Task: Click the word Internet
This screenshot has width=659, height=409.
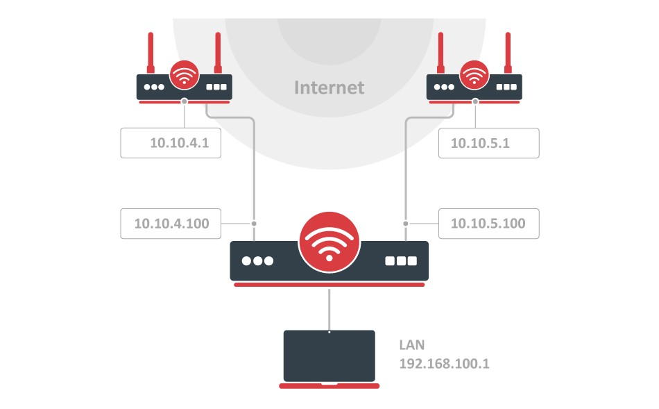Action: click(x=329, y=87)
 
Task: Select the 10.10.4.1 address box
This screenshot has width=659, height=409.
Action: click(x=171, y=143)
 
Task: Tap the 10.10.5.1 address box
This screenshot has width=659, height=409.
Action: click(x=488, y=143)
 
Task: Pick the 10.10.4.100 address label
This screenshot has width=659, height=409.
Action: click(x=171, y=224)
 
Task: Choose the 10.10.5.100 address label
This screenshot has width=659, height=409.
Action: click(x=488, y=224)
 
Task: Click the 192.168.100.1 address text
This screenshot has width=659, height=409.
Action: click(x=444, y=363)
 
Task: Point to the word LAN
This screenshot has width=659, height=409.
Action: click(x=411, y=344)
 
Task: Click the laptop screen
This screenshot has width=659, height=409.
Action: click(x=329, y=356)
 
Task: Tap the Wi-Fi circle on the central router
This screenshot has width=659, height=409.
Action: click(x=329, y=243)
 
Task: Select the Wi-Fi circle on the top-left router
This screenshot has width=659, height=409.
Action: click(x=184, y=76)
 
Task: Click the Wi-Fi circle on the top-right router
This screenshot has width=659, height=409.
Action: click(x=474, y=76)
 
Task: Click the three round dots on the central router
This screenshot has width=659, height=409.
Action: click(x=257, y=261)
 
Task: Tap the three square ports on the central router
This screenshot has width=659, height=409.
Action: click(x=401, y=261)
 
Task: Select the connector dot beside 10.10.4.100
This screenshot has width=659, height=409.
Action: click(x=254, y=224)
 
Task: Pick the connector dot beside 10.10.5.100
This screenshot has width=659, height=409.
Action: click(x=405, y=224)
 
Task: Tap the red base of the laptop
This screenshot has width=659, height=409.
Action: click(x=329, y=385)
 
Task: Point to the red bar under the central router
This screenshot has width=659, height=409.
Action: click(x=329, y=284)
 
